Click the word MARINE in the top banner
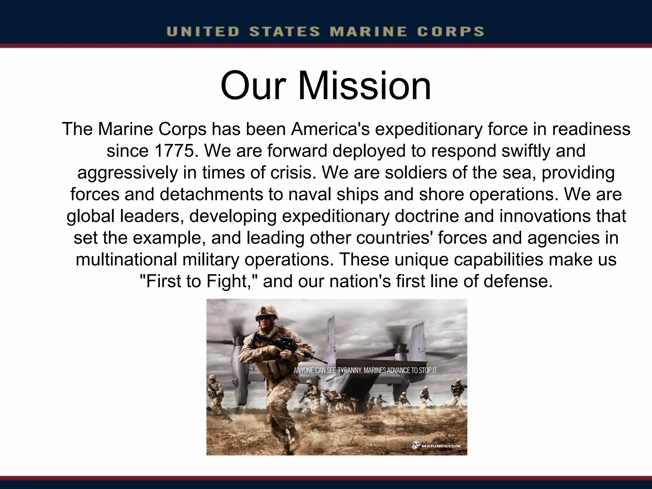368,32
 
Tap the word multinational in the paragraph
126,259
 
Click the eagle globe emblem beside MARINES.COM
417,445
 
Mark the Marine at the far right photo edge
458,390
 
